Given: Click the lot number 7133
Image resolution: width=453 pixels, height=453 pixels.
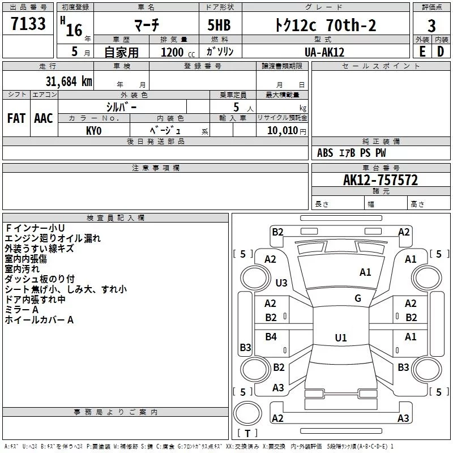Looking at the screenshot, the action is [x=28, y=23].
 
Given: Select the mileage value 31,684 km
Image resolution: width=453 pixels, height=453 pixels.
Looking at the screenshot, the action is [x=69, y=81].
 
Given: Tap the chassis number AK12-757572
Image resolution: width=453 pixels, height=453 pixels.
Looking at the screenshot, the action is [x=381, y=180].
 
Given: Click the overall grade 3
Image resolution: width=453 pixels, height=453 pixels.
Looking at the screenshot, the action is [x=431, y=25].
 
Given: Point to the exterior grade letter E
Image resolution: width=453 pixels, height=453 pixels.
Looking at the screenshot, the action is [x=422, y=52].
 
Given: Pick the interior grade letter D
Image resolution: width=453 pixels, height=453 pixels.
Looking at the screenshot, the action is [x=441, y=52].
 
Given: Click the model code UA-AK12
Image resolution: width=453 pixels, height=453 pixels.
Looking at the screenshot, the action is [x=324, y=52].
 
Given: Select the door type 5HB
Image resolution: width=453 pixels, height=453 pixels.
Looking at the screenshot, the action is [x=219, y=25].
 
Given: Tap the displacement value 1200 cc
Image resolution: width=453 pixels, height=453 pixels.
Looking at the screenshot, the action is [x=178, y=52].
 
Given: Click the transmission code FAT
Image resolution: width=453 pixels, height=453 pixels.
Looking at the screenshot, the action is [x=16, y=118].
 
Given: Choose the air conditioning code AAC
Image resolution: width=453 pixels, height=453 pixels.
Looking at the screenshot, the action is [x=44, y=118].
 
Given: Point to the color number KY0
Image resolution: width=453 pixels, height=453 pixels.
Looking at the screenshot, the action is [x=93, y=131].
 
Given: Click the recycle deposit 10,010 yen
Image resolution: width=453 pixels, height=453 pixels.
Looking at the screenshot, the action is [x=287, y=131].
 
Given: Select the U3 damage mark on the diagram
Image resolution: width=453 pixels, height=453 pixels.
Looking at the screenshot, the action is [x=281, y=283].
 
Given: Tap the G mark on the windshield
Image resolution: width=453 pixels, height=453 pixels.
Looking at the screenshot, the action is [x=358, y=298].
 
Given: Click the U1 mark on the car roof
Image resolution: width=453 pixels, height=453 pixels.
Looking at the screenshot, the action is [x=341, y=337].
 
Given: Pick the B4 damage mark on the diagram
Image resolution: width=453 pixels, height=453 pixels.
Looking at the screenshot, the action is [x=271, y=336].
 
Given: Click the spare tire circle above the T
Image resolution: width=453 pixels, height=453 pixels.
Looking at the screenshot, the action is [x=247, y=413].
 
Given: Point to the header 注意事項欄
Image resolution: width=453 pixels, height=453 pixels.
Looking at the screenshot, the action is [x=156, y=168].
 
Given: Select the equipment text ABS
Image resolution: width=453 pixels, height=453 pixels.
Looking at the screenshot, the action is [x=324, y=153].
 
